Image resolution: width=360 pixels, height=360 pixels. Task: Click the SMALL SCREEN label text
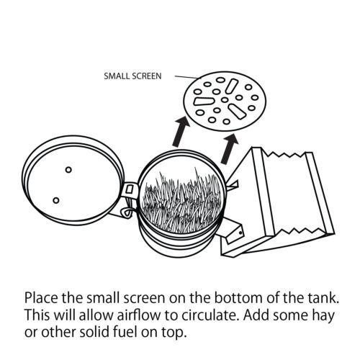coord(132,76)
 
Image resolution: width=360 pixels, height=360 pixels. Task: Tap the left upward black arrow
coord(181,132)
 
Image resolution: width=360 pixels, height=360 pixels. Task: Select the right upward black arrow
coord(230,149)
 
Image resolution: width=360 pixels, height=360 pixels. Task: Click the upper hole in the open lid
coord(68,170)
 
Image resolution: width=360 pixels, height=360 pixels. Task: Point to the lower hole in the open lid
coord(56,200)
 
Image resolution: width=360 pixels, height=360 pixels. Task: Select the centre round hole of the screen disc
coord(225,99)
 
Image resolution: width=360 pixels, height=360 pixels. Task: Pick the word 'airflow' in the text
coord(139,315)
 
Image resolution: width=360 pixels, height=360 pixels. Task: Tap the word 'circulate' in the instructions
coord(210,315)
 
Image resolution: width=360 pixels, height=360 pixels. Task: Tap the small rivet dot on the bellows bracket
coord(240,233)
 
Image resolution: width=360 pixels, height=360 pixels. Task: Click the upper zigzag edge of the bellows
coord(284,153)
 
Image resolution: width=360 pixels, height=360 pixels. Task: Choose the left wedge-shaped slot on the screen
coord(203,102)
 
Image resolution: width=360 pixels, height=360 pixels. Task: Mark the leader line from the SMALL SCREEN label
coord(188,77)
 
